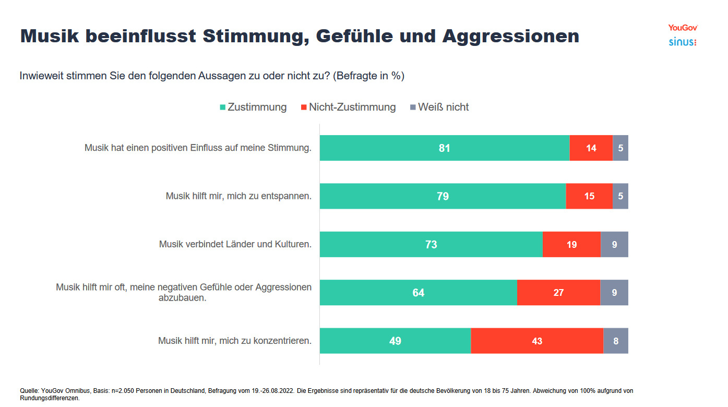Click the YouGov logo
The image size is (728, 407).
pos(683,28)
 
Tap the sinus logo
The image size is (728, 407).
pos(683,42)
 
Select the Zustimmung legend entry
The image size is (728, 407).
pos(253,107)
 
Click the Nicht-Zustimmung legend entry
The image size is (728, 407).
pos(348,107)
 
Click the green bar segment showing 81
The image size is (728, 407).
pos(444,148)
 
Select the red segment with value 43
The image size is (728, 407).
pos(537,341)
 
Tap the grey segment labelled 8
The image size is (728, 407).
pos(616,341)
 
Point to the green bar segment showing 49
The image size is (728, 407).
pos(395,341)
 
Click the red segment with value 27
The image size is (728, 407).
pos(558,293)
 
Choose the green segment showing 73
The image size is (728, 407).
pos(431,245)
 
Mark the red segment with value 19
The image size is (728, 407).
pos(571,245)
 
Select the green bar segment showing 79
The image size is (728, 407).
pos(443,196)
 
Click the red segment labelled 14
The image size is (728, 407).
pos(591,148)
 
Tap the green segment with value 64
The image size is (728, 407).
pos(418,293)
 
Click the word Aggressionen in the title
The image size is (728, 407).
pos(510,36)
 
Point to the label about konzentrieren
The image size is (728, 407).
pos(235,341)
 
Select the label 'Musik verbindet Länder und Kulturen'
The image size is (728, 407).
pos(235,244)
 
